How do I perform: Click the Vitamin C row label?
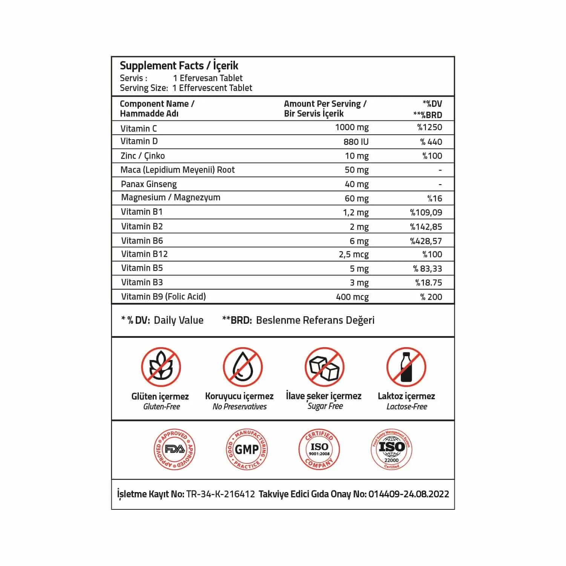pyautogui.click(x=138, y=128)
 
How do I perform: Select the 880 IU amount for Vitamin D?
pyautogui.click(x=356, y=142)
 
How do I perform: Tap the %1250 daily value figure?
pyautogui.click(x=429, y=127)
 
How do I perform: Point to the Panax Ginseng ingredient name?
pyautogui.click(x=149, y=184)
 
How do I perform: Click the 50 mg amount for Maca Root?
pyautogui.click(x=356, y=170)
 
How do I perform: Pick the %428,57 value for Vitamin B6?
pyautogui.click(x=426, y=241)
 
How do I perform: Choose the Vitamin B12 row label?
pyautogui.click(x=144, y=254)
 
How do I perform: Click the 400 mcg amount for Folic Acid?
pyautogui.click(x=352, y=297)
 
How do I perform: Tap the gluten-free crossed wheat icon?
pyautogui.click(x=161, y=367)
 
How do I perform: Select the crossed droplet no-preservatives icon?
pyautogui.click(x=242, y=367)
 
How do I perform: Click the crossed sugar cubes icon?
pyautogui.click(x=324, y=367)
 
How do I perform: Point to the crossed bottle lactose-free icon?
pyautogui.click(x=406, y=367)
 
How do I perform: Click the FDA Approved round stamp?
pyautogui.click(x=175, y=449)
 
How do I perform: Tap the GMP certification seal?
pyautogui.click(x=247, y=449)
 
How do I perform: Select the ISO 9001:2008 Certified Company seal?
pyautogui.click(x=319, y=449)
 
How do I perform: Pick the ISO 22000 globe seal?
pyautogui.click(x=391, y=449)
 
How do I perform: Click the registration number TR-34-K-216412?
pyautogui.click(x=221, y=494)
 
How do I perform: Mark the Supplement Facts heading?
pyautogui.click(x=179, y=66)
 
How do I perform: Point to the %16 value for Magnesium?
pyautogui.click(x=434, y=198)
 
